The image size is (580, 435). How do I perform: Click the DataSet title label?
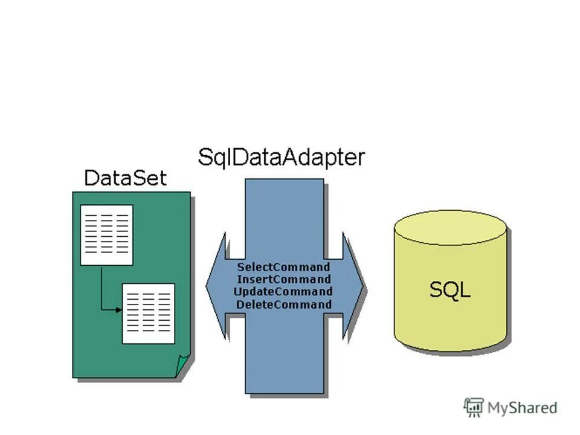125,178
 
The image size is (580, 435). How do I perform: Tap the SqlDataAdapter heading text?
282,158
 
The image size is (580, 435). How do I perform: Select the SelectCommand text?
283,267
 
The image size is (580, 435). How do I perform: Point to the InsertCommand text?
283,280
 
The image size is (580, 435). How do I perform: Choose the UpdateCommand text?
283,292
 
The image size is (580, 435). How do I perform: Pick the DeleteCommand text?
283,304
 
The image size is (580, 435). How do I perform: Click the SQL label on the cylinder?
450,290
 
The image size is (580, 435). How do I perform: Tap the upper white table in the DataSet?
106,235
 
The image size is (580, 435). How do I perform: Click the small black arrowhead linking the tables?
119,310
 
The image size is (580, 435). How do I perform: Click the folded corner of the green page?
182,366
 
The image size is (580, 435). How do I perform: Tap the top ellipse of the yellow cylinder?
449,227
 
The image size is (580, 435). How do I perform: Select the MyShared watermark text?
522,408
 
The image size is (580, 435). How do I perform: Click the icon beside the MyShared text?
474,407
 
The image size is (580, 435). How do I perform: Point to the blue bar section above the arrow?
284,211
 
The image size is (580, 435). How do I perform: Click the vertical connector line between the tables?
101,287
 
